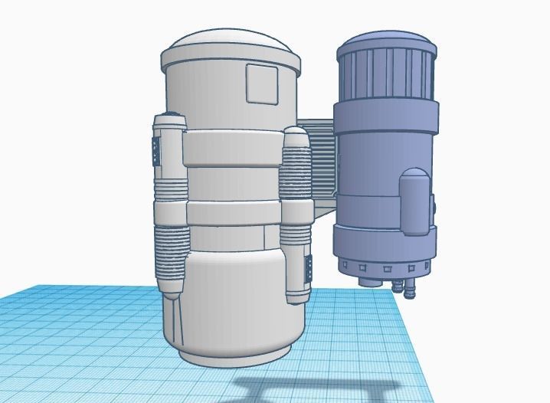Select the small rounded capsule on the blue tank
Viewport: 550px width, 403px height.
tap(414, 201)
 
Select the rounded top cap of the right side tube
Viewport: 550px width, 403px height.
tap(295, 136)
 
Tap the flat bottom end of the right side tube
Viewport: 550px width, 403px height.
tap(296, 297)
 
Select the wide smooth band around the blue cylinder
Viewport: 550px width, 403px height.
tap(387, 115)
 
